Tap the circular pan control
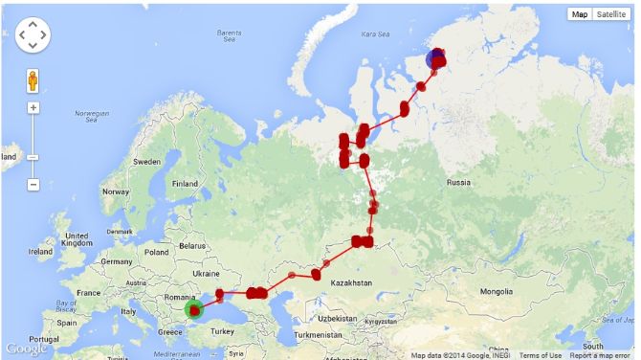pos(33,35)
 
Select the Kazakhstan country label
pos(351,283)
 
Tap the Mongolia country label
pos(497,291)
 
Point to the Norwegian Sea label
pos(92,116)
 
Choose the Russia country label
pos(457,182)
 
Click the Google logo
pos(25,349)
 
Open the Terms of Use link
pos(541,355)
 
